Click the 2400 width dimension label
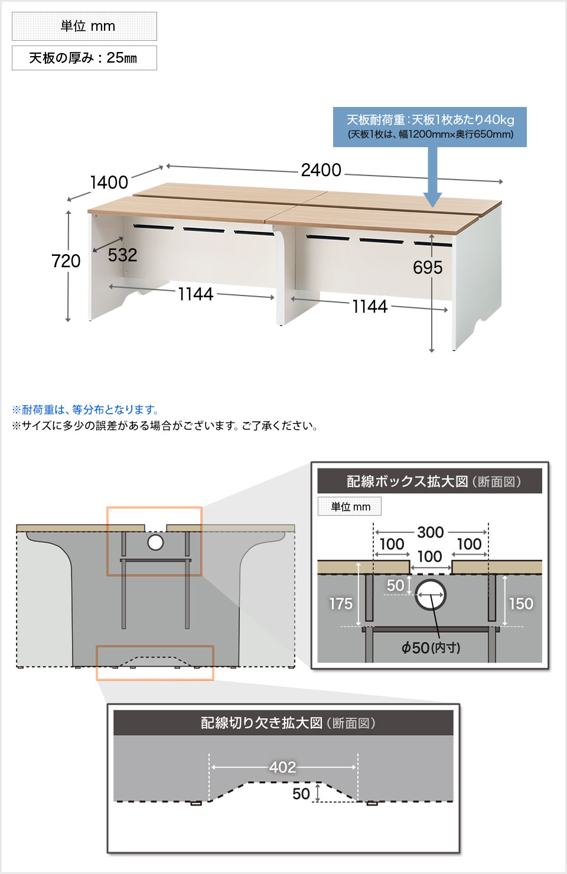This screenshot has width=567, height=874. (321, 170)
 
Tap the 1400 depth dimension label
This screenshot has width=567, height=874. (109, 182)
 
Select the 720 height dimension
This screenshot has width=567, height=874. (66, 261)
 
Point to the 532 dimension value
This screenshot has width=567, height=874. (122, 255)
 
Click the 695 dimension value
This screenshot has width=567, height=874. (428, 268)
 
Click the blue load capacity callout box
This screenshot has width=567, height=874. (429, 126)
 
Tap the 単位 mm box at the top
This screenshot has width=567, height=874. (84, 26)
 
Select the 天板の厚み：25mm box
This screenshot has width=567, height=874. (84, 58)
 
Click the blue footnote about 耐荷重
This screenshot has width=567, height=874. (86, 410)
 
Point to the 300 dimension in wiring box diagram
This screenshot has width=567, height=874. (430, 532)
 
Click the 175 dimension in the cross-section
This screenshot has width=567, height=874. (341, 603)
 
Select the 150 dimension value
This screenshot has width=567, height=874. (520, 603)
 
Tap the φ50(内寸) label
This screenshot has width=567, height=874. (431, 648)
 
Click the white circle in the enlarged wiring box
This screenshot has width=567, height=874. (431, 594)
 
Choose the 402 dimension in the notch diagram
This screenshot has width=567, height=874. (282, 767)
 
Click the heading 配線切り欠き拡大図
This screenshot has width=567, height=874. (288, 723)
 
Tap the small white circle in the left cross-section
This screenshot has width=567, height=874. (155, 542)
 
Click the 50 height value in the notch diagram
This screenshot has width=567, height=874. (301, 794)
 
